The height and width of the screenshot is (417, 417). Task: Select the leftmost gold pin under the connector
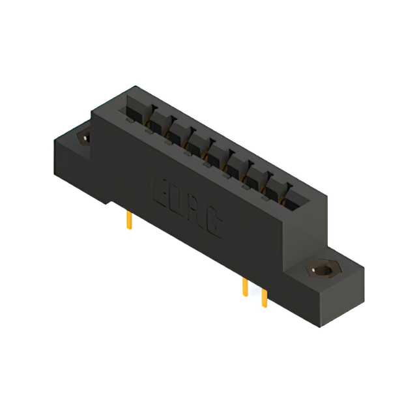tap(129, 221)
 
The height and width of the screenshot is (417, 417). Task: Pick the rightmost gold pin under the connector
tap(264, 297)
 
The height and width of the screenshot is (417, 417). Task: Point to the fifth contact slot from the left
tap(216, 152)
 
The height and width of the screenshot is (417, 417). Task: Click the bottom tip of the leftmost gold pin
tap(129, 229)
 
